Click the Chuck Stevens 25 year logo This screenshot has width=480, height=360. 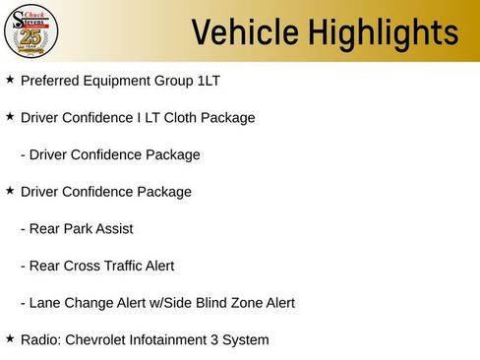tap(30, 32)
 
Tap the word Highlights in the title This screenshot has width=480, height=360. tap(382, 32)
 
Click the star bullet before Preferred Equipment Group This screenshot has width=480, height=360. tap(10, 80)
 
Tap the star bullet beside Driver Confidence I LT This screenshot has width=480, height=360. tap(10, 117)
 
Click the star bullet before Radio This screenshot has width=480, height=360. tap(10, 339)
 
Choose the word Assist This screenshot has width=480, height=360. tap(112, 229)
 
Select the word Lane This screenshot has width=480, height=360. tap(45, 303)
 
